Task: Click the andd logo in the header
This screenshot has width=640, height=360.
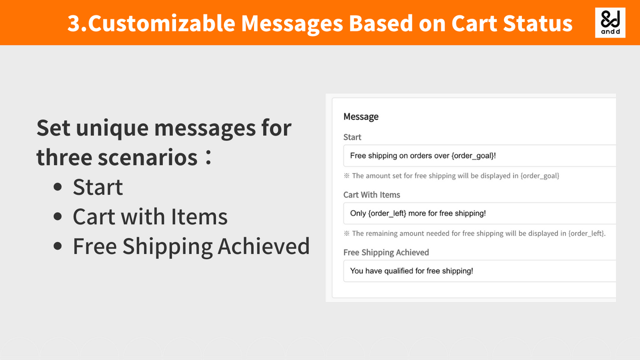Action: (x=610, y=22)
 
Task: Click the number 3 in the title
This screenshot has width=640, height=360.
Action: (x=74, y=23)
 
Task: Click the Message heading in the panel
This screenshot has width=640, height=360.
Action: (x=360, y=116)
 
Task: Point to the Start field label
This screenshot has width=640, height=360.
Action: (x=352, y=137)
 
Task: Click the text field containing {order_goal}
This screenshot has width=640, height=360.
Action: (x=479, y=155)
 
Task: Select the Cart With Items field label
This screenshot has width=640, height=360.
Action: (x=371, y=194)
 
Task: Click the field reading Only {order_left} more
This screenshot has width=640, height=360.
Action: (x=479, y=213)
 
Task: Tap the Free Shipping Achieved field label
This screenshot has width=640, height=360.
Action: (x=386, y=252)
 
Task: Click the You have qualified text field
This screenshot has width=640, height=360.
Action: (x=479, y=270)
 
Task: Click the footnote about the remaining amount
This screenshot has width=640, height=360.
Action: (x=474, y=233)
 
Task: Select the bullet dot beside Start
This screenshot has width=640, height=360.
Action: (x=58, y=187)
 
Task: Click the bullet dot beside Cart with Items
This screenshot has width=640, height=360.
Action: (x=58, y=217)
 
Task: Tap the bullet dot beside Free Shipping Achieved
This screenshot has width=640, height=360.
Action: (x=58, y=246)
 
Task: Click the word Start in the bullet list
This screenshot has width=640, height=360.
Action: (x=98, y=187)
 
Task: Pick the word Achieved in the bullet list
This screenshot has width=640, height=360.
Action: (x=263, y=246)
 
